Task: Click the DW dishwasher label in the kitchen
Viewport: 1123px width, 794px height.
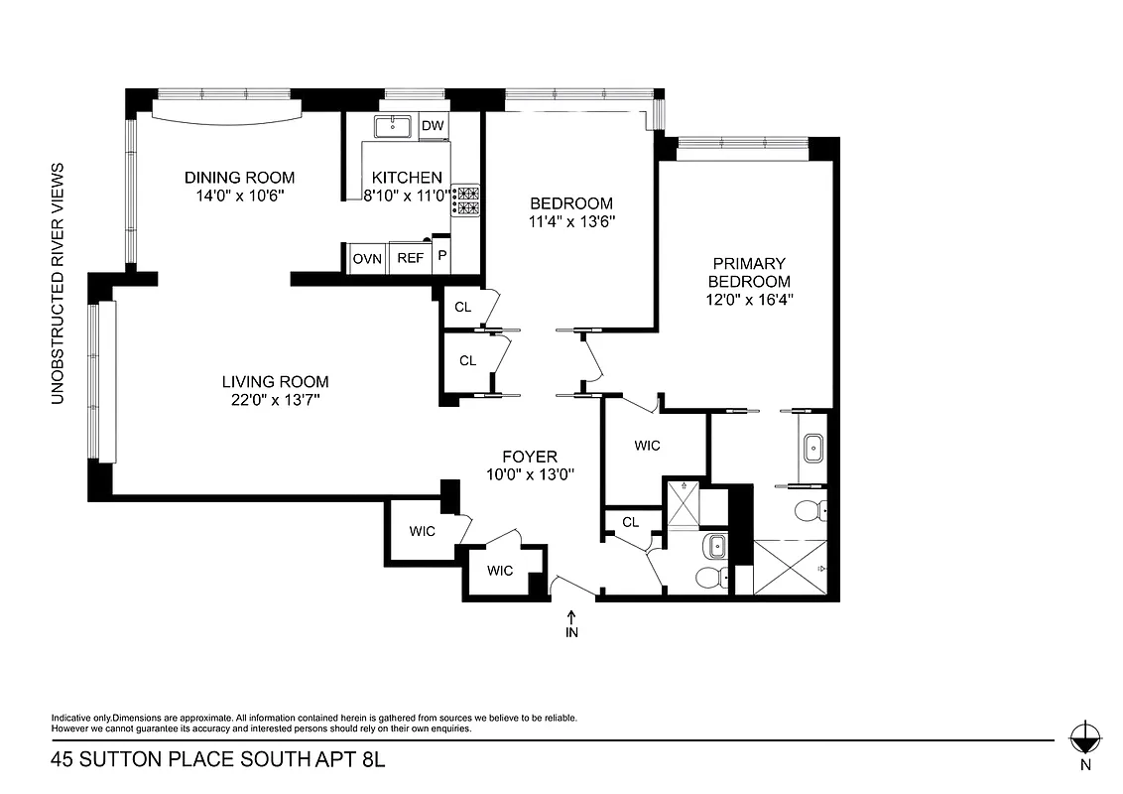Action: point(432,126)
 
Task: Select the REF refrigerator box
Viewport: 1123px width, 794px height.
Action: point(411,258)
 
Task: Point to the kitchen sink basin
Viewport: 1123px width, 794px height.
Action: point(394,126)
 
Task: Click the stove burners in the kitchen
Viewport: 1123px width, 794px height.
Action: point(466,200)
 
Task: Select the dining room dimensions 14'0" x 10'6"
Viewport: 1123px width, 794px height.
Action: point(240,197)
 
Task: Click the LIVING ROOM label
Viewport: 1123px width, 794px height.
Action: point(275,381)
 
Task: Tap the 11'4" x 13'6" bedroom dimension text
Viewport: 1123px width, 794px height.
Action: point(572,222)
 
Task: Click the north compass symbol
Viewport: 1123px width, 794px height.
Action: point(1085,738)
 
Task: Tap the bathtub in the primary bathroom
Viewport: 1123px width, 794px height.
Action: point(813,447)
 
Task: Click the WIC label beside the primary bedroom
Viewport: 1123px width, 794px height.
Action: point(647,446)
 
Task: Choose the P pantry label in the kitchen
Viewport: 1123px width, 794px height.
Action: point(441,258)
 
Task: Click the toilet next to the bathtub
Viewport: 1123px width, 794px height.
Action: point(809,511)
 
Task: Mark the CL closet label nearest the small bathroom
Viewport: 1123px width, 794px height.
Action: point(630,522)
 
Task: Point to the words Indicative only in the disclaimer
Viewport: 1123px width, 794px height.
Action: point(80,718)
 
